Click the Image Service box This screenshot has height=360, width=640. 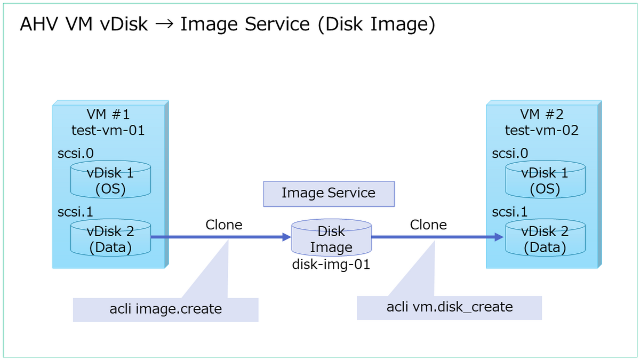click(329, 194)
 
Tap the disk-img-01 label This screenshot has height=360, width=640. click(331, 264)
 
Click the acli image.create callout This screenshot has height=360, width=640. click(165, 309)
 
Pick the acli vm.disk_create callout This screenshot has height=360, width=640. click(449, 307)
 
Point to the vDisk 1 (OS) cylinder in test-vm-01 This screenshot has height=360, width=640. click(110, 180)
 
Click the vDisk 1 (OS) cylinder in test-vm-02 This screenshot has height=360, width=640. click(545, 180)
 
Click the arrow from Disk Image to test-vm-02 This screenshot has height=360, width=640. click(437, 237)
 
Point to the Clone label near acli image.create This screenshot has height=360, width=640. click(224, 225)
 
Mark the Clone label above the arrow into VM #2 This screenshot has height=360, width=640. click(428, 225)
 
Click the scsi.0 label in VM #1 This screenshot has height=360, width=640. click(75, 154)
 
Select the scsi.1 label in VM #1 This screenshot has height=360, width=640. click(75, 212)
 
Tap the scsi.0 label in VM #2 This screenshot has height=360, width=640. click(510, 154)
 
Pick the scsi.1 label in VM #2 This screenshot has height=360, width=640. click(510, 212)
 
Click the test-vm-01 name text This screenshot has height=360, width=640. click(108, 130)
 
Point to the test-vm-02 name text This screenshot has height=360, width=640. click(542, 130)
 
